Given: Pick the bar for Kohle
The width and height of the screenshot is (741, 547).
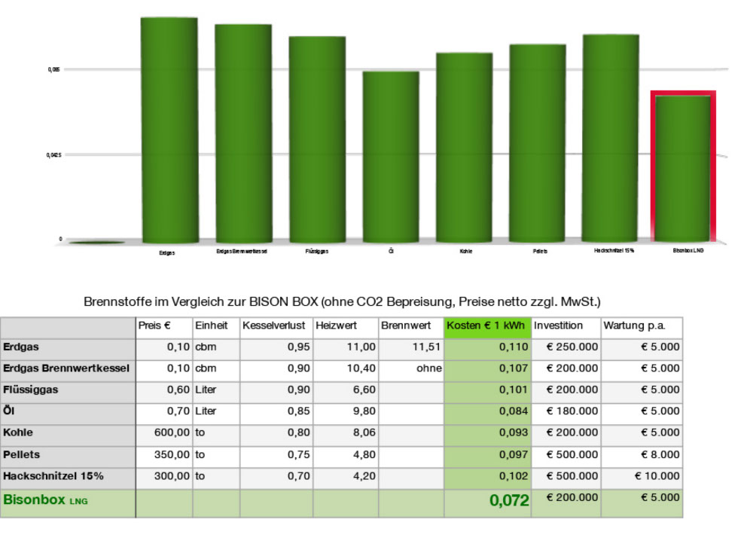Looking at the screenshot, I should coord(464,148).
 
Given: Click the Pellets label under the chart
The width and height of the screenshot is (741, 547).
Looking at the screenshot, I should coord(539,251).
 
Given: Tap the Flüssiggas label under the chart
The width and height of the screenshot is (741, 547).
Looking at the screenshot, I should coord(316,251).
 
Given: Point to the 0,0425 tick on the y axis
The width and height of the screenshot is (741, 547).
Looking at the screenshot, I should coord(53,155).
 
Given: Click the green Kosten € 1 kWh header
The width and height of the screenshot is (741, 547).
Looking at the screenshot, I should coord(487,326).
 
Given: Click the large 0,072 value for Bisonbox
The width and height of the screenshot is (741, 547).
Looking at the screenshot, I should coord(508,501).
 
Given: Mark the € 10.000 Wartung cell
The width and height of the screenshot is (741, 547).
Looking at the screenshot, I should coord(657,476).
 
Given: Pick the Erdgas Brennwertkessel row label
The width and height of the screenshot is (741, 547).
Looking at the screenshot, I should coord(67,369).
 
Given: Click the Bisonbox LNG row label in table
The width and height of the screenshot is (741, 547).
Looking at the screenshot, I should coord(45,500).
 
